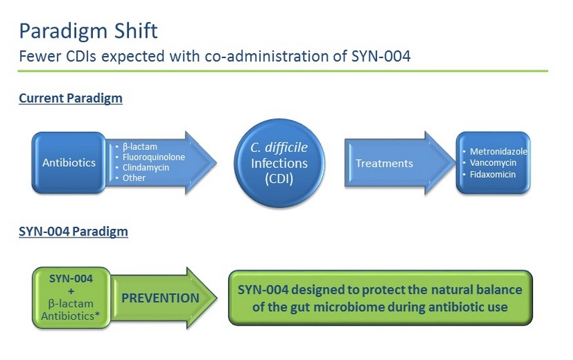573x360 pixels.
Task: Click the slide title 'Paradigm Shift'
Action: coord(88,31)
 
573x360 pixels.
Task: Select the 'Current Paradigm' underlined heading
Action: coord(70,98)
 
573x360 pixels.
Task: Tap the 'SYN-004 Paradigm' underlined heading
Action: coord(73,232)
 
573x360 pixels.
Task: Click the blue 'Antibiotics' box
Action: coord(69,163)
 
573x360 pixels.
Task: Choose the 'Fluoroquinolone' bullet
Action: coord(153,157)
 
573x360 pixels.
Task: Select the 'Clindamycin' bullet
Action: coord(145,167)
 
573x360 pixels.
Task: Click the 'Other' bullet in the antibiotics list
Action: coord(134,178)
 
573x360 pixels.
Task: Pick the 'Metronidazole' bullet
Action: coord(498,152)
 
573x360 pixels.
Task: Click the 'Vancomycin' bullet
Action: coord(493,163)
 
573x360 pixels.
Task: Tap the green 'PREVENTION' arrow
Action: coord(161,298)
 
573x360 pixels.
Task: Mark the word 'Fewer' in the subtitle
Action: coord(37,56)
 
